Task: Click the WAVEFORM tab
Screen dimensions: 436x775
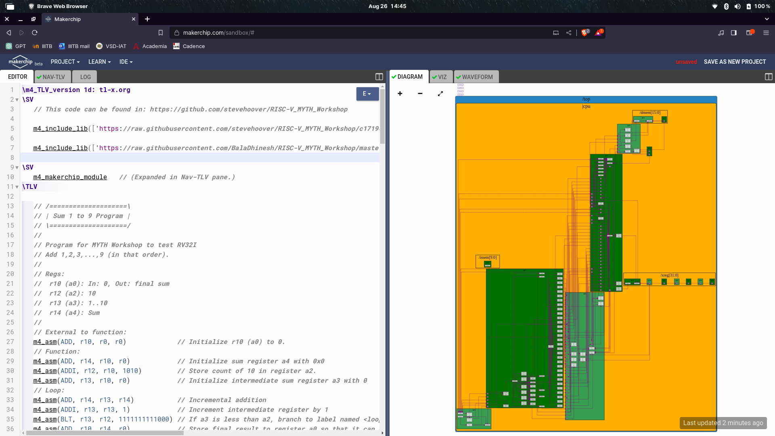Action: pyautogui.click(x=477, y=77)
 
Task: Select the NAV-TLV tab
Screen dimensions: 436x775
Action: pyautogui.click(x=53, y=77)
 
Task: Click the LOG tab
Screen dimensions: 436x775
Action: pyautogui.click(x=85, y=77)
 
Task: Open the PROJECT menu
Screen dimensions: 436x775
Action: pyautogui.click(x=65, y=62)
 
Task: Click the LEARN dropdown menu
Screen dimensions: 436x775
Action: pyautogui.click(x=99, y=62)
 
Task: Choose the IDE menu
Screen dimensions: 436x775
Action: pyautogui.click(x=126, y=62)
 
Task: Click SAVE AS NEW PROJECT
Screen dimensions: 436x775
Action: pyautogui.click(x=735, y=62)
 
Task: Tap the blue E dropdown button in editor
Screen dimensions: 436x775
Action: pyautogui.click(x=367, y=94)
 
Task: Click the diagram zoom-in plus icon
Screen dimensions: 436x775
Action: pyautogui.click(x=400, y=94)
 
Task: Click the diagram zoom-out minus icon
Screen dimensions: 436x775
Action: pyautogui.click(x=420, y=94)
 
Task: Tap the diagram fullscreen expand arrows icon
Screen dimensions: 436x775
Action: pyautogui.click(x=440, y=94)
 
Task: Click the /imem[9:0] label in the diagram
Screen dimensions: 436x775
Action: pyautogui.click(x=488, y=258)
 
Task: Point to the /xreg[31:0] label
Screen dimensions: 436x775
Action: pyautogui.click(x=669, y=275)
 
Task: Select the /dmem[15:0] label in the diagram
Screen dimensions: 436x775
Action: pyautogui.click(x=650, y=113)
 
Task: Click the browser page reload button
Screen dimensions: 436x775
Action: pyautogui.click(x=35, y=33)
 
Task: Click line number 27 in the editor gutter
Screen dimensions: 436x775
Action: pyautogui.click(x=10, y=342)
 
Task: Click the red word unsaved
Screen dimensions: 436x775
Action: pyautogui.click(x=686, y=62)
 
